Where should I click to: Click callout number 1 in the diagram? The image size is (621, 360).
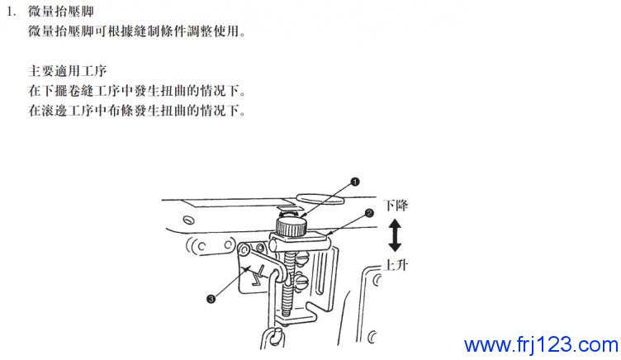355,182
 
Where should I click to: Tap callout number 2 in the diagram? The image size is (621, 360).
369,214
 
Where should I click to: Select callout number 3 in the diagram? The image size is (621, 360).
211,299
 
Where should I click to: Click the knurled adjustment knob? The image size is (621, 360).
291,227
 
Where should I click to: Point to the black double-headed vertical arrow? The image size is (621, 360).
395,235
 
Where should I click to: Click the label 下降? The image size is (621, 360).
396,206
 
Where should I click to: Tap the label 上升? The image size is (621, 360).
396,265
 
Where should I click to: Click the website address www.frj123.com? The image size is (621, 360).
541,344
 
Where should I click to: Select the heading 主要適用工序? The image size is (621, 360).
68,71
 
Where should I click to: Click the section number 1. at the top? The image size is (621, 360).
12,11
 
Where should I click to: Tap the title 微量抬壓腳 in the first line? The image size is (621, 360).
61,11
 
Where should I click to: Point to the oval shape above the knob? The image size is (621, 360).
320,198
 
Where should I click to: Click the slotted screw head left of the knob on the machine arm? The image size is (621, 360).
189,220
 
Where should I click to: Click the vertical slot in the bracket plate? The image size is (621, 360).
320,274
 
